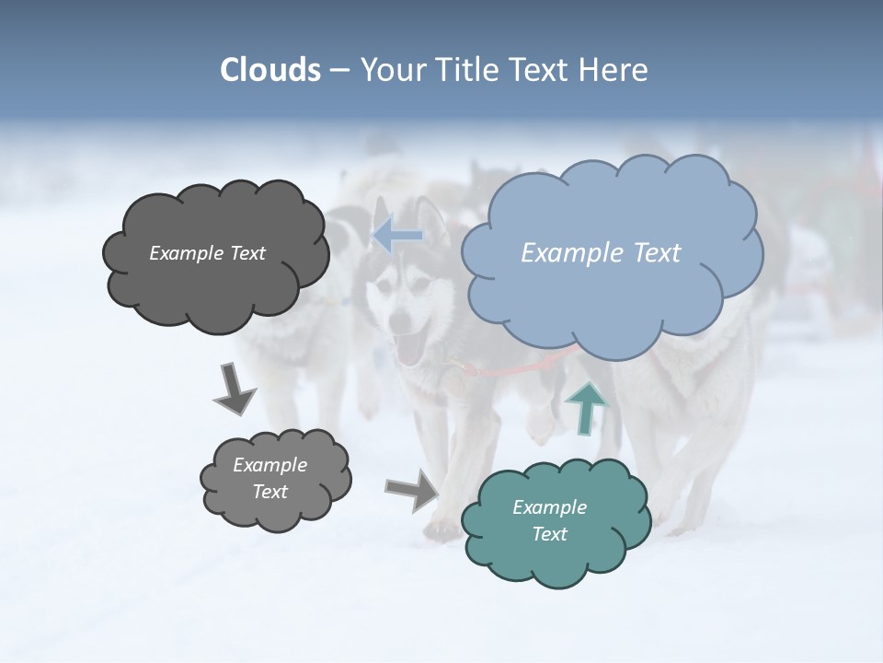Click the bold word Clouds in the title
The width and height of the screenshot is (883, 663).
pyautogui.click(x=270, y=70)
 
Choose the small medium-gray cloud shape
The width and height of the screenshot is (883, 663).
pyautogui.click(x=275, y=479)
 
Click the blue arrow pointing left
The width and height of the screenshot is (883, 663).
pyautogui.click(x=397, y=236)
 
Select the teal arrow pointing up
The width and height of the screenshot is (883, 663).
pyautogui.click(x=586, y=408)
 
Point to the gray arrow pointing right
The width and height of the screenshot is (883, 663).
pyautogui.click(x=412, y=490)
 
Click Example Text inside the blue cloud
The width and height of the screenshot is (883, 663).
pyautogui.click(x=601, y=253)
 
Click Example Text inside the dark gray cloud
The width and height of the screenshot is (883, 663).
pyautogui.click(x=207, y=253)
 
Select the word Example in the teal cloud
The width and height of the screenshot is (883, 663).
pyautogui.click(x=549, y=507)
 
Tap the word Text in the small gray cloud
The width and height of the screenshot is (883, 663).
pyautogui.click(x=269, y=492)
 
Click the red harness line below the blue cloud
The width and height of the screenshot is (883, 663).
pyautogui.click(x=515, y=367)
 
